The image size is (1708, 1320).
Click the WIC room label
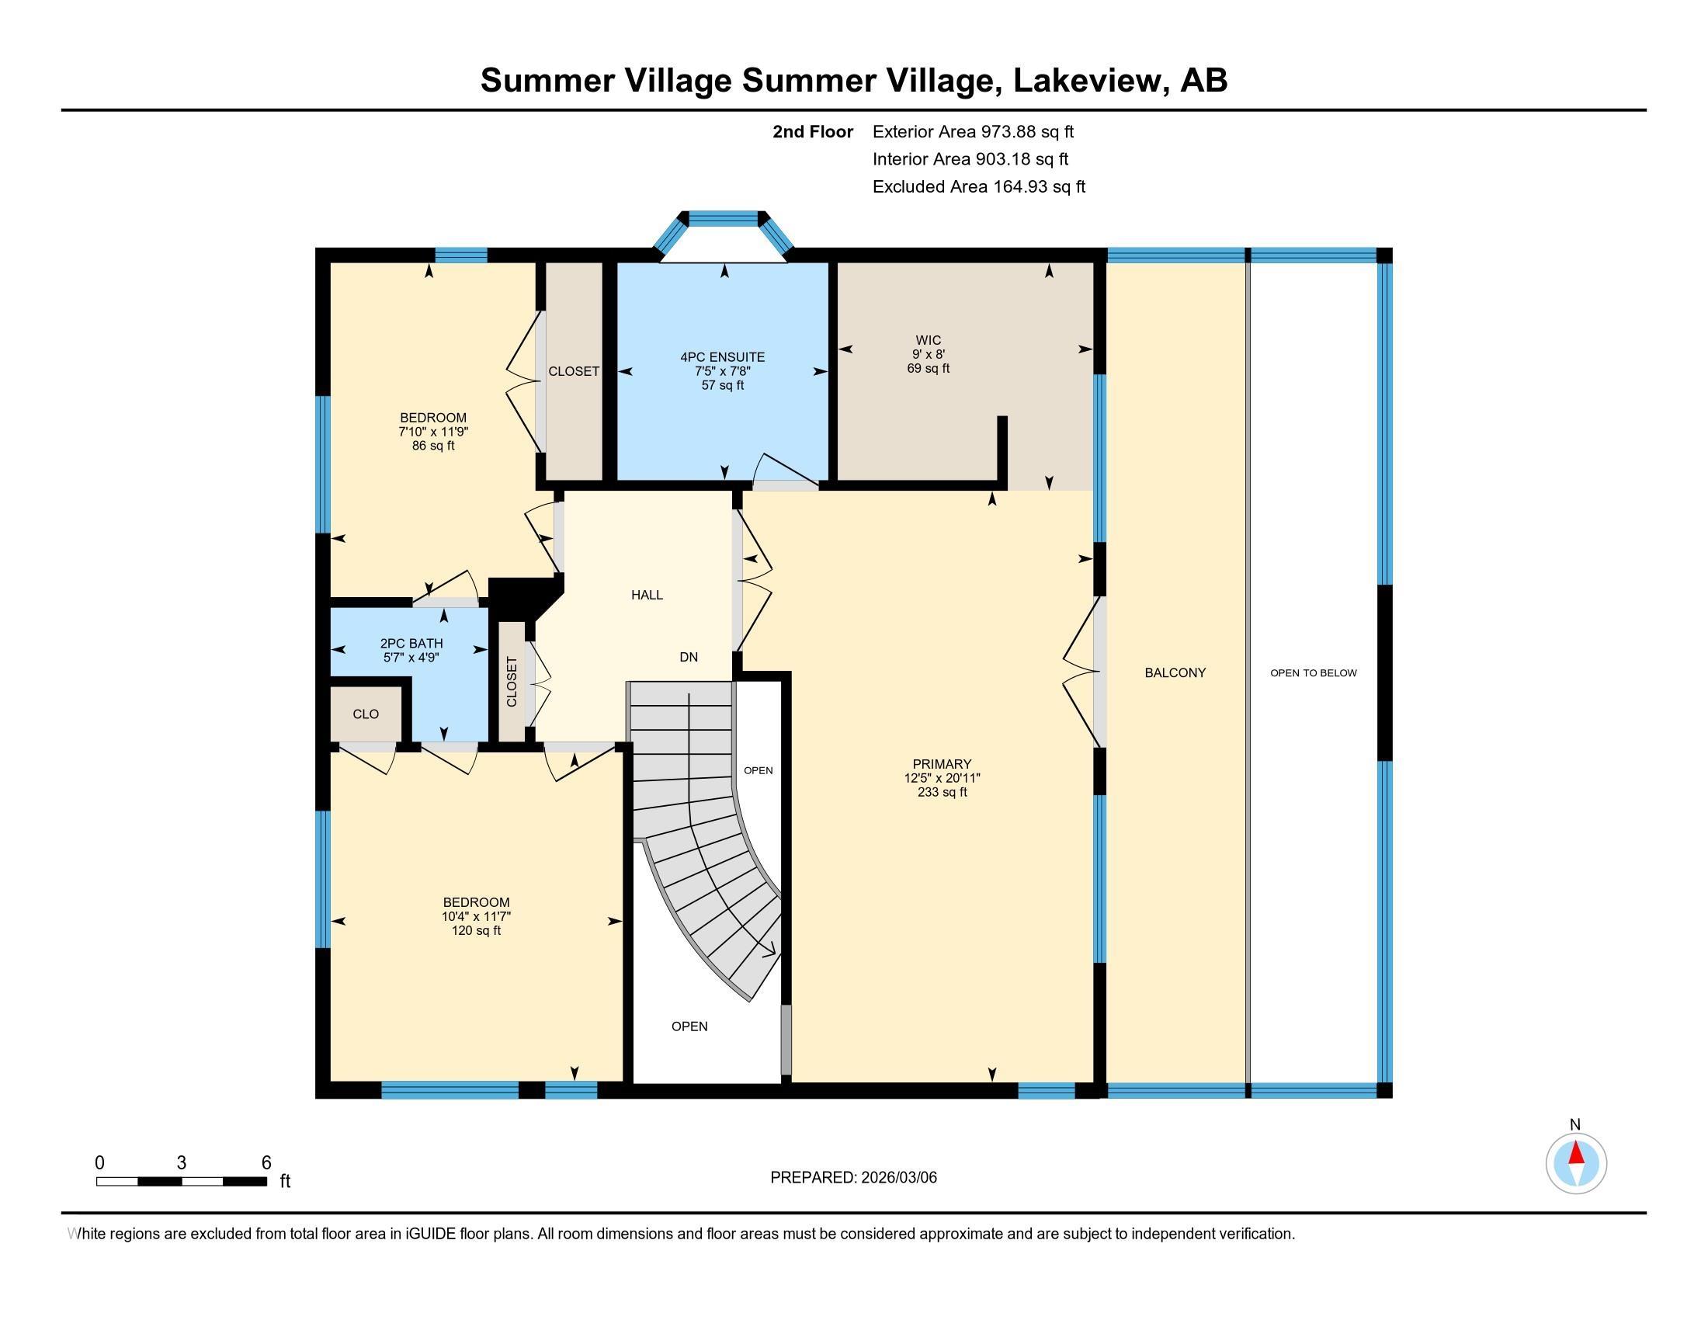tap(929, 340)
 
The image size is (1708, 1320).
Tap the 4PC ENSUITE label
tap(722, 357)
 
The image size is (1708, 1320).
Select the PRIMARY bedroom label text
tap(942, 764)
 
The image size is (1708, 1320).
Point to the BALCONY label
tap(1175, 672)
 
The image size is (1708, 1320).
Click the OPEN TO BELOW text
tap(1313, 672)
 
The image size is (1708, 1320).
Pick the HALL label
tap(647, 595)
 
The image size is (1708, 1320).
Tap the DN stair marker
tap(688, 657)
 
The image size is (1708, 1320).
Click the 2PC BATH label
tap(411, 644)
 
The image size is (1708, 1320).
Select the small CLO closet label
tap(365, 714)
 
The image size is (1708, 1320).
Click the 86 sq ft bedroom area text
tap(433, 446)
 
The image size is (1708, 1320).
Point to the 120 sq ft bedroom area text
tap(475, 930)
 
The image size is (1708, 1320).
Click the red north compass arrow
tap(1576, 1153)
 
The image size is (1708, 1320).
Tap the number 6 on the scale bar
tap(266, 1163)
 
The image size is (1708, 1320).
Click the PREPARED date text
tap(853, 1178)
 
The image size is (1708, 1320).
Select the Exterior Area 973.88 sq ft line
tap(973, 131)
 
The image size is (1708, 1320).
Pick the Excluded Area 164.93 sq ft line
tap(978, 186)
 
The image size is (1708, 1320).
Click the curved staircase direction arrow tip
tap(773, 953)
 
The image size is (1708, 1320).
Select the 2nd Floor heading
tap(813, 131)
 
